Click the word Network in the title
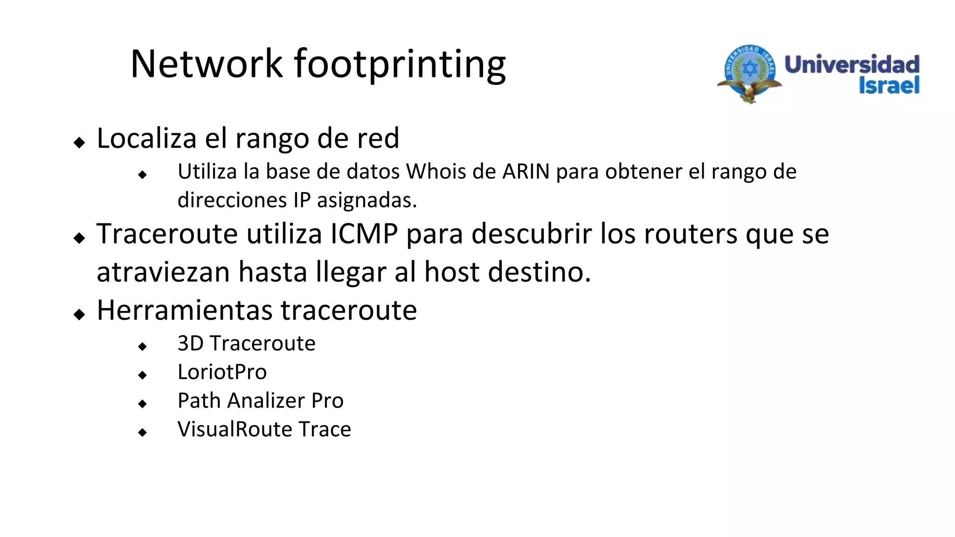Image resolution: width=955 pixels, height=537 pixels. tap(207, 64)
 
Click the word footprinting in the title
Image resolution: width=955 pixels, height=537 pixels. tap(400, 65)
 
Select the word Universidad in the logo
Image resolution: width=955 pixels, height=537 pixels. tap(852, 64)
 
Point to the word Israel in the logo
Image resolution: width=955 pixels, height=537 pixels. tap(889, 86)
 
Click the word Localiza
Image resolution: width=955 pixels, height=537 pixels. tap(146, 138)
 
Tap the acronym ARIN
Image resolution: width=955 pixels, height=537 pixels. tap(526, 172)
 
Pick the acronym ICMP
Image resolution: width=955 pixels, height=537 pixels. tap(364, 234)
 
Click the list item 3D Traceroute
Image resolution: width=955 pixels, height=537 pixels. tap(246, 344)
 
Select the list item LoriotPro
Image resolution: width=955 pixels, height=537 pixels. tap(222, 372)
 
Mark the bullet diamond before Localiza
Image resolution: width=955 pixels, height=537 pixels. tap(80, 142)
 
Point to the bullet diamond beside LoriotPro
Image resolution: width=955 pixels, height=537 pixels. tap(143, 375)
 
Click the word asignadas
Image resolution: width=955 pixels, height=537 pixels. tap(367, 200)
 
